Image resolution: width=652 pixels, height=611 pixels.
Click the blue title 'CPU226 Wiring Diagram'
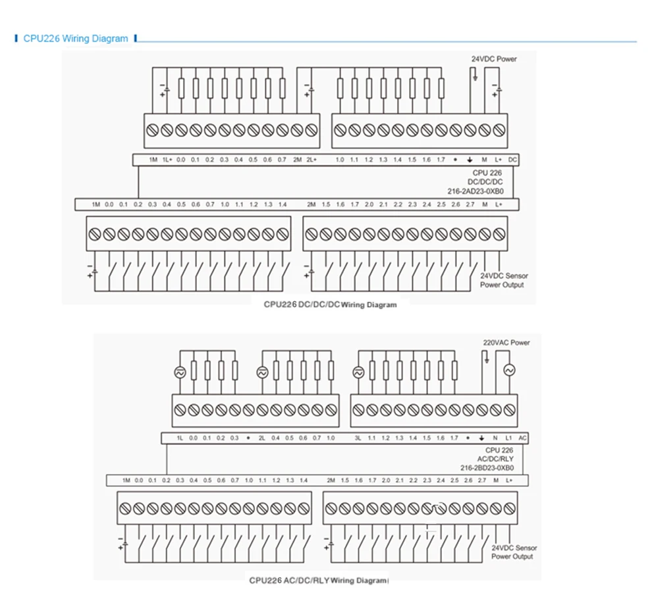click(76, 39)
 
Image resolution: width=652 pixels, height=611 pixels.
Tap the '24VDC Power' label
click(494, 59)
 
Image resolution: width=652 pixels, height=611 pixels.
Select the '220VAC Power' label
click(506, 343)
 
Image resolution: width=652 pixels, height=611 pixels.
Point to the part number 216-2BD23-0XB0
click(487, 468)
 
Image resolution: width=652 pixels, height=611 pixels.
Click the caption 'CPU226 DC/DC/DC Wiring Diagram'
click(330, 305)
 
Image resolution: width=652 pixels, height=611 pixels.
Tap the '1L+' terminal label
click(167, 160)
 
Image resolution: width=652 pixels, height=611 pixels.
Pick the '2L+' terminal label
click(311, 160)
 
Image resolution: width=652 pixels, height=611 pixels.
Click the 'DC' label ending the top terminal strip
click(512, 160)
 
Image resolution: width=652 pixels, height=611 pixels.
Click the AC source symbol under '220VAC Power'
click(508, 370)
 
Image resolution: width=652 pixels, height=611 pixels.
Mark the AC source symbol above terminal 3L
click(358, 372)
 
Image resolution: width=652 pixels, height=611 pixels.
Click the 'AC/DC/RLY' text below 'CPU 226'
click(495, 459)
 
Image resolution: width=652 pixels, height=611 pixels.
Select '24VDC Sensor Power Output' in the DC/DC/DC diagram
click(504, 281)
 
